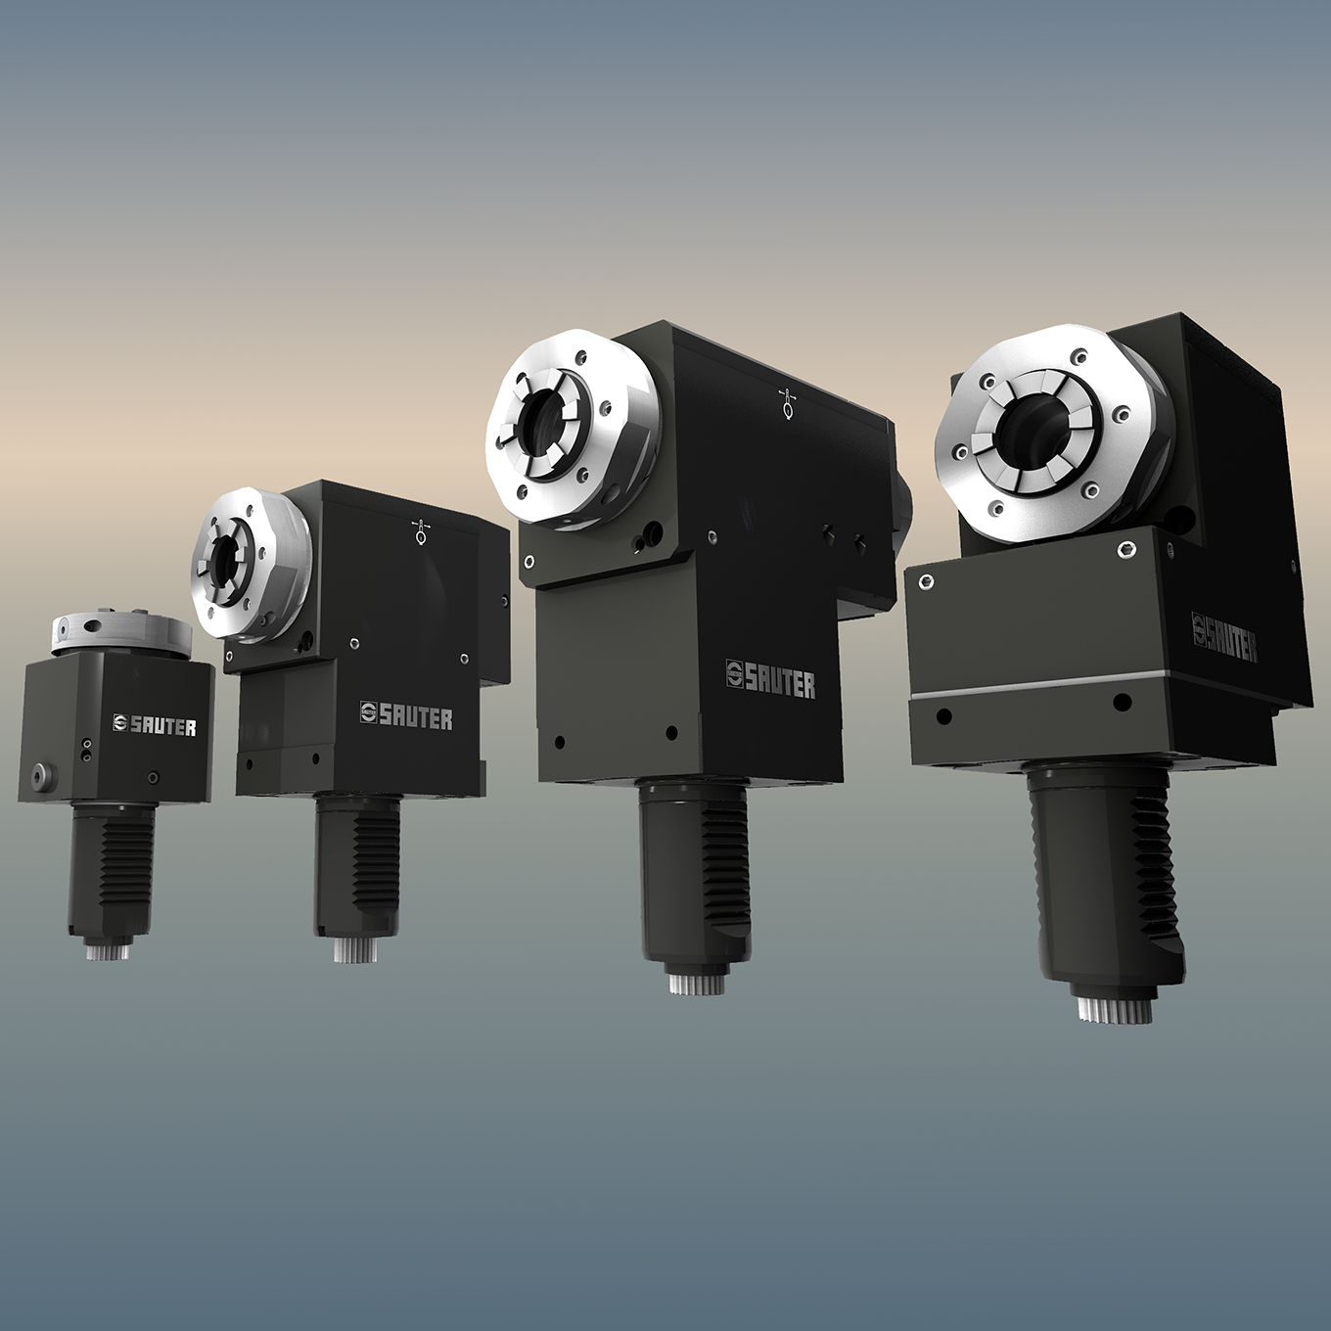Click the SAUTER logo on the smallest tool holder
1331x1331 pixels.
pos(154,725)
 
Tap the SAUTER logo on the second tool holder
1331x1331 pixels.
pos(406,715)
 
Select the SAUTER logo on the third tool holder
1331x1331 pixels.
pos(770,678)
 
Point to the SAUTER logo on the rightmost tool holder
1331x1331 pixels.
pos(1224,636)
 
